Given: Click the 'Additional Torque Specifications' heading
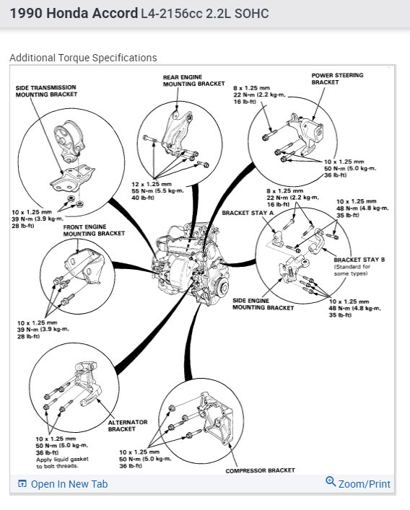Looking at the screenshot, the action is (x=83, y=58).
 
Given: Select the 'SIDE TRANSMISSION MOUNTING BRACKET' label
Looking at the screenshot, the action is (x=46, y=91).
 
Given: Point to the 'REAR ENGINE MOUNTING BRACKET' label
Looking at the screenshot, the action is (x=193, y=80).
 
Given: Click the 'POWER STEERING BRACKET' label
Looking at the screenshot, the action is (x=337, y=79).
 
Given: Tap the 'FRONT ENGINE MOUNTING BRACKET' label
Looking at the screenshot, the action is (x=94, y=230).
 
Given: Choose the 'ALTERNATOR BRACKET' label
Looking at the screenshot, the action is (x=128, y=426).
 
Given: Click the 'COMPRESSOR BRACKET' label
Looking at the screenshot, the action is (x=260, y=470).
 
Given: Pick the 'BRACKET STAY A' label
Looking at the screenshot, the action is (x=248, y=213).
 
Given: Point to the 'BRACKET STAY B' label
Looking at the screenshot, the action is (x=359, y=260).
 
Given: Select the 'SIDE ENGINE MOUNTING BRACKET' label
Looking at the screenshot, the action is (x=263, y=304).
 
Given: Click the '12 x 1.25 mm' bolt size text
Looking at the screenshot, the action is (x=152, y=184).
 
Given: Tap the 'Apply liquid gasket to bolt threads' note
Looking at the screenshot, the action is (x=62, y=462).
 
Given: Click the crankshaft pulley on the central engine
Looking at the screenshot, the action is (x=223, y=288).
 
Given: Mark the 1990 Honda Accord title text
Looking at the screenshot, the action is (x=74, y=13).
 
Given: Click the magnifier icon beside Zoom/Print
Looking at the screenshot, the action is (x=331, y=481).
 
